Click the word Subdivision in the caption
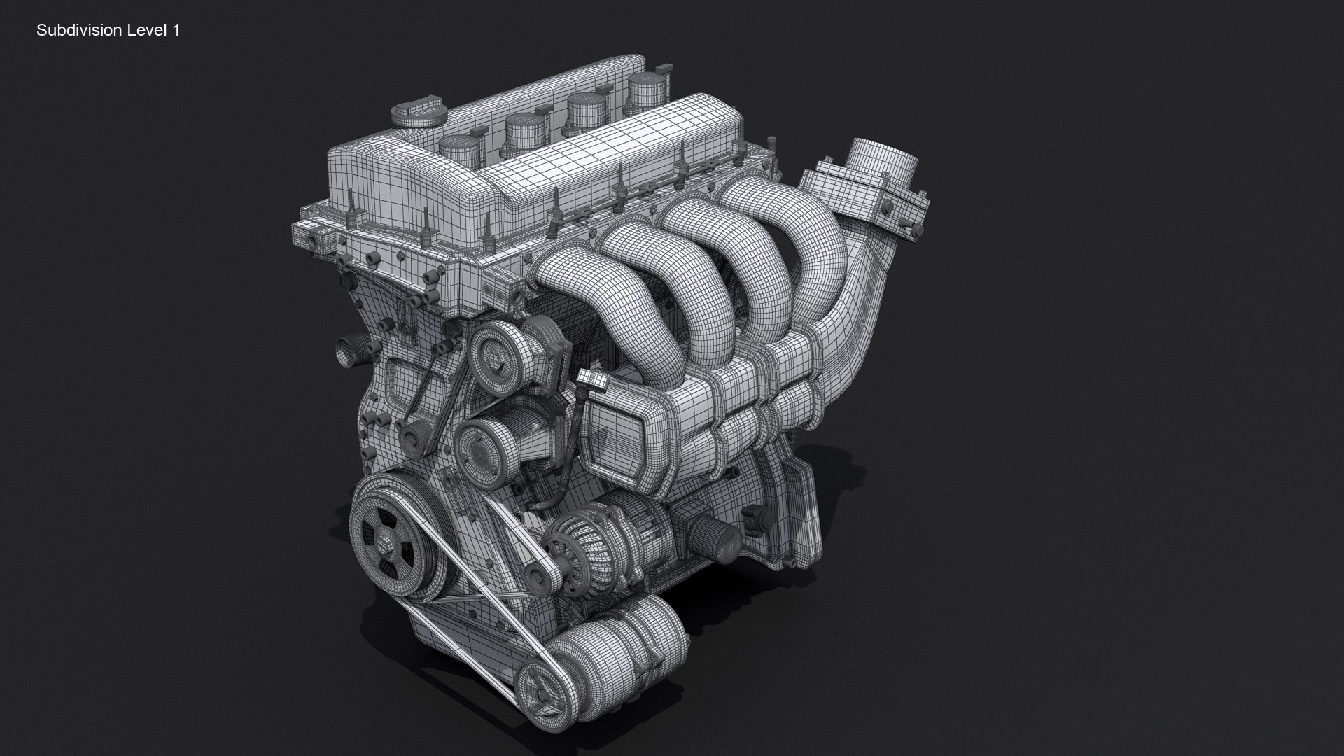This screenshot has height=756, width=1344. [x=80, y=31]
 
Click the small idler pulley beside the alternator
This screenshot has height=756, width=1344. [x=538, y=577]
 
